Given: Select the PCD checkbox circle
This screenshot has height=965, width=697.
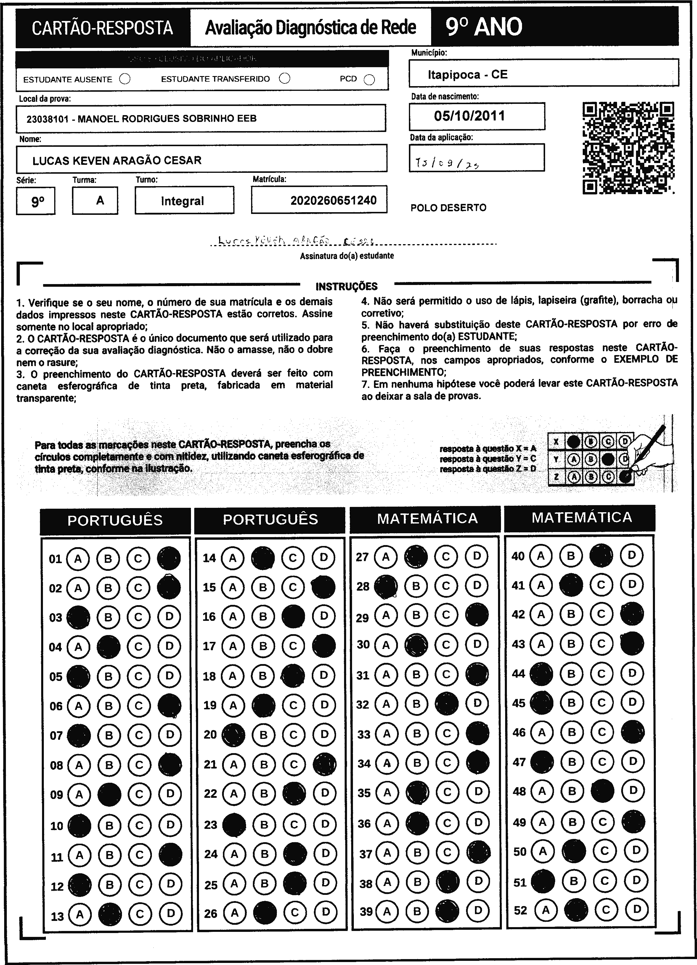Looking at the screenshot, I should click(369, 80).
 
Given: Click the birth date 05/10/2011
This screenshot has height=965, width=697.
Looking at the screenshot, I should click(470, 116).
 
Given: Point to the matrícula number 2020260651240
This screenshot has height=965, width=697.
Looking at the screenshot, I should click(333, 200).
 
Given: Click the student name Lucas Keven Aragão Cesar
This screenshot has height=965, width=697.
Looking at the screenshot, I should click(117, 160).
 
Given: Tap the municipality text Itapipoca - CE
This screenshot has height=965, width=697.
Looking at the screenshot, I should click(468, 75).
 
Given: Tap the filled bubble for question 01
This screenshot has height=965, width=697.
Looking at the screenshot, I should click(168, 558).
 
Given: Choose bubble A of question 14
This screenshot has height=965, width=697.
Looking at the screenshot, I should click(232, 558).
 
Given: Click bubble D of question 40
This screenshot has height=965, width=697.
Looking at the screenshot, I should click(632, 555).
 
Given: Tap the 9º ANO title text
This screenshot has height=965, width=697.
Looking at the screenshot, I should click(484, 27).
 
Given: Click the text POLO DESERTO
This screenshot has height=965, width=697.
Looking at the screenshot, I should click(448, 208).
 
